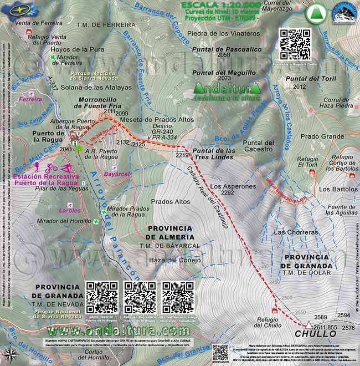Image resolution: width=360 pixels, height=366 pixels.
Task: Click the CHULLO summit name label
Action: click(x=315, y=334)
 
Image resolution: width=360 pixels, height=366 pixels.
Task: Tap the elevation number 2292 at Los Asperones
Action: click(x=227, y=193)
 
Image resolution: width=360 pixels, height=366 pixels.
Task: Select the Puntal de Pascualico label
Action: click(x=227, y=49)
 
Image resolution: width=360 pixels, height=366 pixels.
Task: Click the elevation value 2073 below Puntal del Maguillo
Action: click(x=224, y=79)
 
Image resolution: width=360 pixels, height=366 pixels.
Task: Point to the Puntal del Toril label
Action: click(x=311, y=79)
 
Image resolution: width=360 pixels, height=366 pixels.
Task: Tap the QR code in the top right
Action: click(x=295, y=44)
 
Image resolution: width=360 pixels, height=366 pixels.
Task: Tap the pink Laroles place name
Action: click(x=70, y=210)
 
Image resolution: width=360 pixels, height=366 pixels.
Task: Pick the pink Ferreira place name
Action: click(x=30, y=100)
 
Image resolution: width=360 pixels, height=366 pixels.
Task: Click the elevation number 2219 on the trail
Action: click(x=182, y=155)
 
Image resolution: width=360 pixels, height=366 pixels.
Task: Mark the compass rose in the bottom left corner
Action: click(x=9, y=353)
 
